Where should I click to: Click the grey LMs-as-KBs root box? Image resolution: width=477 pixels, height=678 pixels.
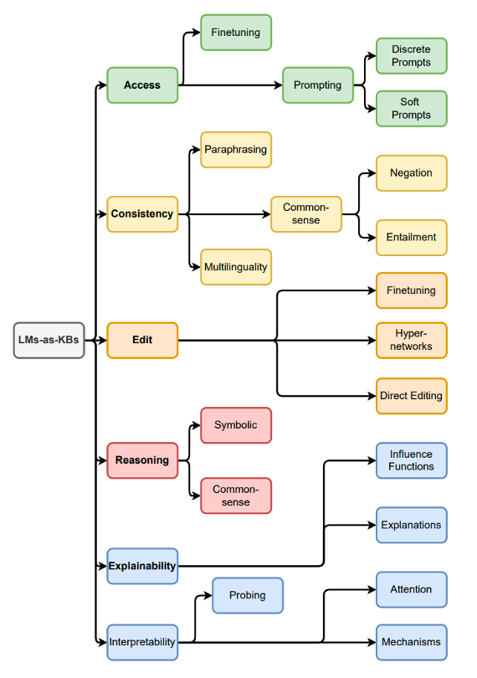point(49,340)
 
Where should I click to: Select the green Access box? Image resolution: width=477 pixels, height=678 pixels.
point(142,85)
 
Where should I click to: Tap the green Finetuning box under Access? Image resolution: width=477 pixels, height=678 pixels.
point(236,33)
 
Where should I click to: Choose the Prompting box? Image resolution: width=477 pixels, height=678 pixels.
point(318,85)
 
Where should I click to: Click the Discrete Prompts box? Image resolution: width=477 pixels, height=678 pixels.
point(412,56)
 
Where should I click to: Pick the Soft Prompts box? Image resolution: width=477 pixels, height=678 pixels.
point(412,109)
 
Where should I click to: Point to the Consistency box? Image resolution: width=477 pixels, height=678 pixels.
point(142,214)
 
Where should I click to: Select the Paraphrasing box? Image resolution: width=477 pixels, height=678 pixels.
point(236,150)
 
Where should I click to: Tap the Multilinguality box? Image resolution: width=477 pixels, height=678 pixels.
point(236,267)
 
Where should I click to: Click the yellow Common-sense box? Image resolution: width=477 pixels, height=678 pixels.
point(306,214)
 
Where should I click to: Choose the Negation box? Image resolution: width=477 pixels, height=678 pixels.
point(412,173)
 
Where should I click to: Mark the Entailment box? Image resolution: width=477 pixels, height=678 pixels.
point(412,238)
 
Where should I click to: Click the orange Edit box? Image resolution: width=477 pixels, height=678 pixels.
point(142,341)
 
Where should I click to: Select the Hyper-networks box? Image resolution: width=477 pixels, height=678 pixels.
point(412,340)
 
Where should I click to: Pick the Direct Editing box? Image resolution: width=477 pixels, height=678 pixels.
point(412,396)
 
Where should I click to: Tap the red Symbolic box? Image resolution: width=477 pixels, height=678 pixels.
point(236,425)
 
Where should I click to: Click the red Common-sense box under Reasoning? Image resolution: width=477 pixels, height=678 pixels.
point(236,496)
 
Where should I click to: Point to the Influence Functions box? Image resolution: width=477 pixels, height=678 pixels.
point(412,460)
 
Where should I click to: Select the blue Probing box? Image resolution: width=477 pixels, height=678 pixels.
point(248,596)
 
